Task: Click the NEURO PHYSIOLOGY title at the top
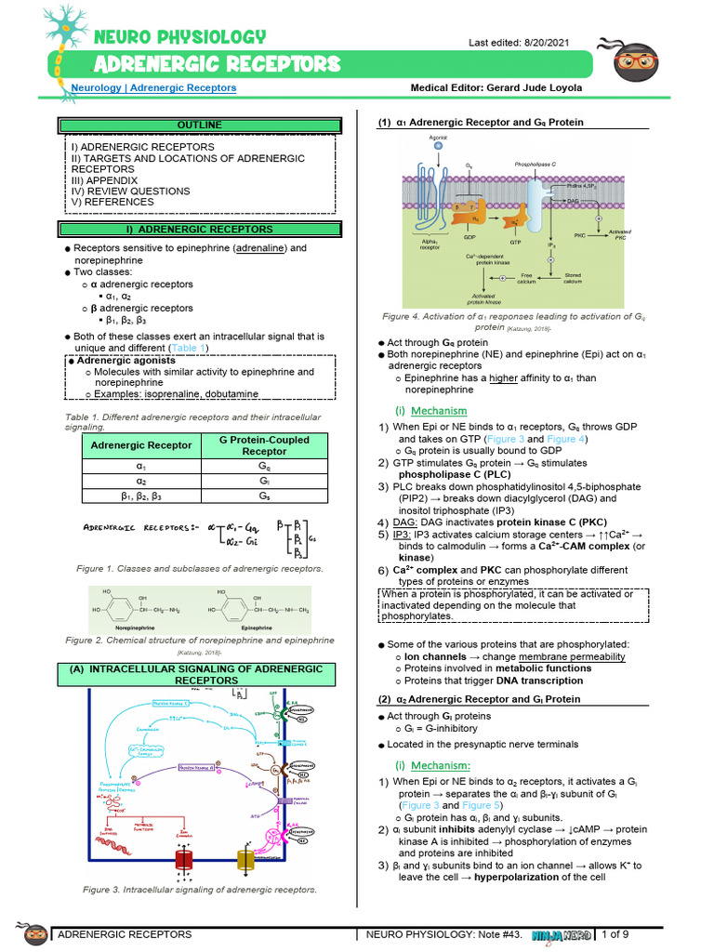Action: [179, 37]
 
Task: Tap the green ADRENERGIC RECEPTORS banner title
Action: [218, 64]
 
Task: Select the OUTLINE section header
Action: [200, 125]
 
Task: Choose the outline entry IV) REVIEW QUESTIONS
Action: [131, 191]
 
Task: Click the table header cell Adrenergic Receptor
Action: [140, 445]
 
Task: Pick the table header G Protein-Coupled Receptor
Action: [265, 445]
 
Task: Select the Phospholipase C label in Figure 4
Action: [535, 163]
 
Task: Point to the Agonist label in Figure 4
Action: [439, 138]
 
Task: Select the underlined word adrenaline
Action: [261, 248]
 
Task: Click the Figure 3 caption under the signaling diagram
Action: [200, 890]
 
